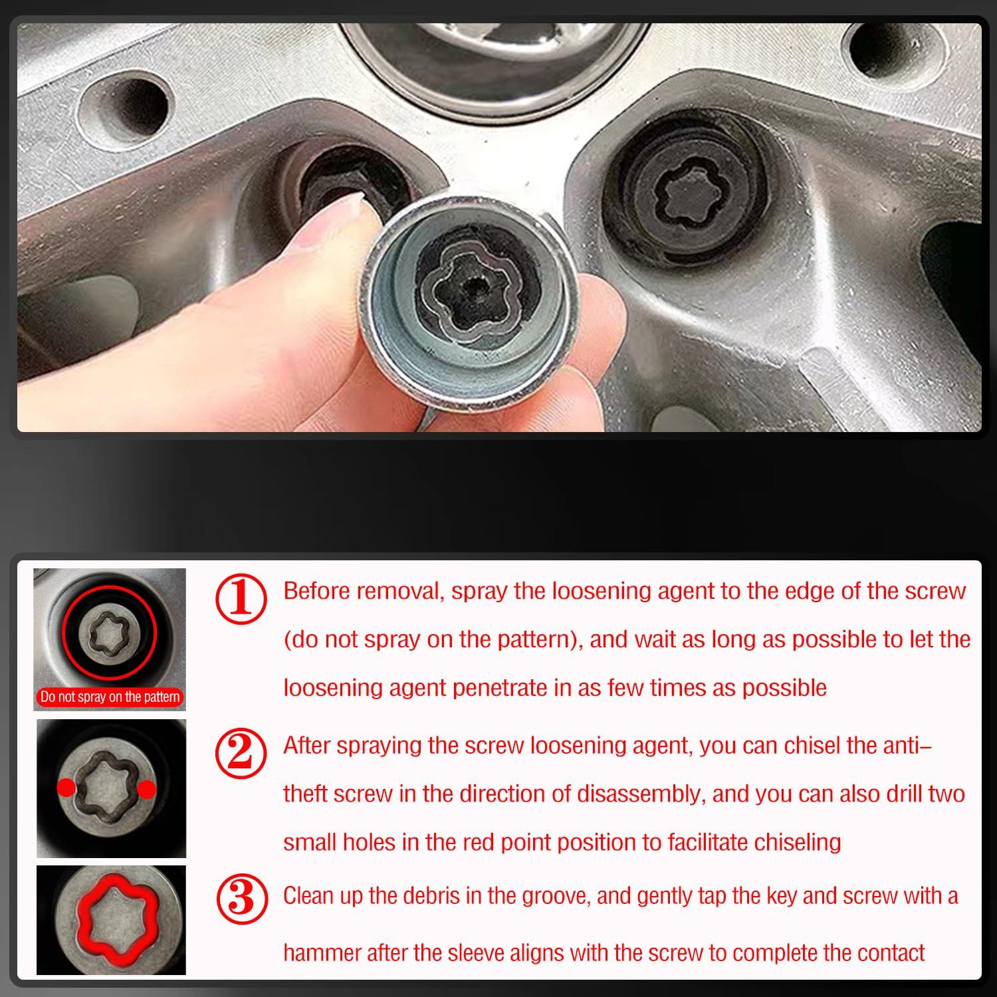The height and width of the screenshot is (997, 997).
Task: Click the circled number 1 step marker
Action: click(x=241, y=600)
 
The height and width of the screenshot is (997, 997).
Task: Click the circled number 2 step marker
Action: click(x=241, y=753)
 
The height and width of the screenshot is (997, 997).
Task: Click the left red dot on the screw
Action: click(x=66, y=788)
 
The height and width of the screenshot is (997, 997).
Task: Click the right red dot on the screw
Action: click(x=147, y=788)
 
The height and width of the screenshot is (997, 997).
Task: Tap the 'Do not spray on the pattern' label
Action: click(x=110, y=697)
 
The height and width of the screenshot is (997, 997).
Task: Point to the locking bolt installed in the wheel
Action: click(x=691, y=193)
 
